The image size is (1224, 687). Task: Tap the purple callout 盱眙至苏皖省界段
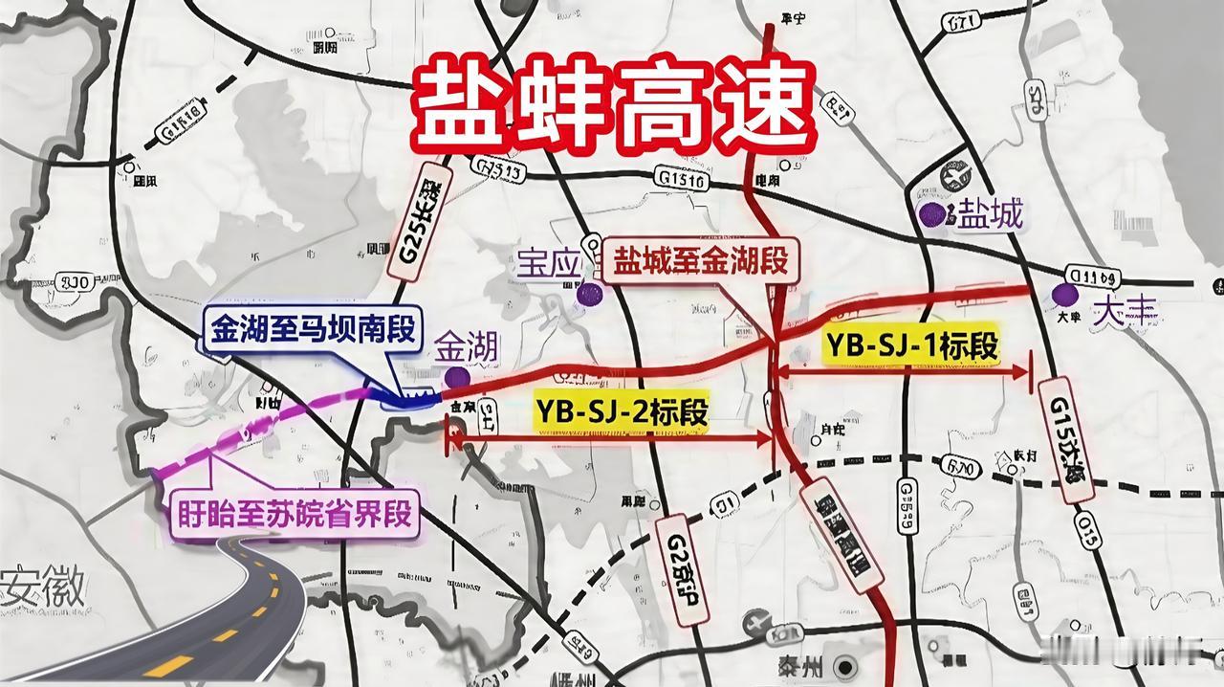(x=295, y=513)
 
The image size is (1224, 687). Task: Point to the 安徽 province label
(x=43, y=583)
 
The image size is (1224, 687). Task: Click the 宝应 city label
(x=549, y=262)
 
